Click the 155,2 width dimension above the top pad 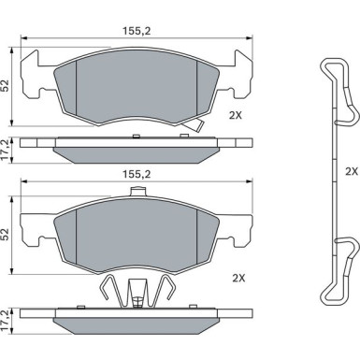click(x=137, y=31)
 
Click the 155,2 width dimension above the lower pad click(x=137, y=174)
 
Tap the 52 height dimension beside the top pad click(x=6, y=86)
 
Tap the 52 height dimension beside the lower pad click(x=6, y=235)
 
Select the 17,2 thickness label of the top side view click(x=6, y=150)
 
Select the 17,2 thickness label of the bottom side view click(x=6, y=321)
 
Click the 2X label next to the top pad click(x=236, y=116)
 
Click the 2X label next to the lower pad click(x=238, y=278)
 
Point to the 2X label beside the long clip click(x=352, y=171)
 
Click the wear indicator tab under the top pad click(x=194, y=125)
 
